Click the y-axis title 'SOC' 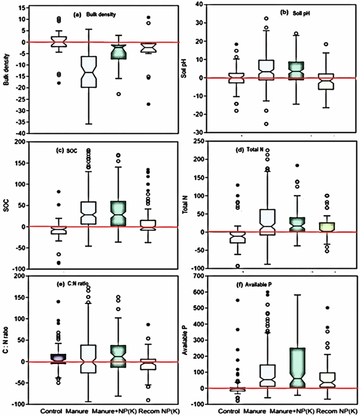click(x=7, y=206)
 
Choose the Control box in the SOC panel click(x=56, y=230)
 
